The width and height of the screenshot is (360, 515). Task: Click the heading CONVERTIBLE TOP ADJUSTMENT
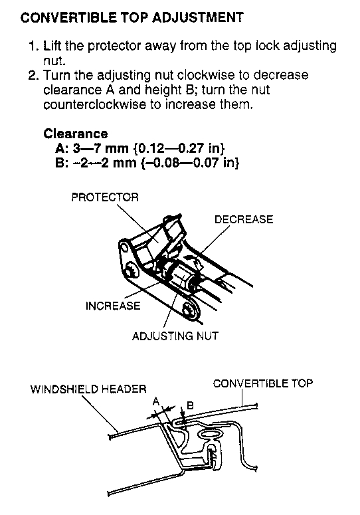(132, 17)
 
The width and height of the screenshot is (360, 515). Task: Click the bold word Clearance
(76, 134)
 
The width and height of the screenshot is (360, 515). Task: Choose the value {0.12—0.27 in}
(179, 148)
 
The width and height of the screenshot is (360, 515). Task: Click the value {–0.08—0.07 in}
(190, 163)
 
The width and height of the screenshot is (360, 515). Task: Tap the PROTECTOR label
(105, 197)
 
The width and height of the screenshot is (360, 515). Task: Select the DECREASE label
(244, 219)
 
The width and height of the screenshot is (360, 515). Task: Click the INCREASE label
(113, 306)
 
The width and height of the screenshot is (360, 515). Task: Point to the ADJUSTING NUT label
(175, 336)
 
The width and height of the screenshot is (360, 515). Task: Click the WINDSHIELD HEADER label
(88, 389)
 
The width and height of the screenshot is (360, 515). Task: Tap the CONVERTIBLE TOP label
(263, 383)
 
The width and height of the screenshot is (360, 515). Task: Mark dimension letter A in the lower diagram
(156, 401)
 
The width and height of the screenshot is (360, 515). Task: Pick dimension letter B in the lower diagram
(190, 405)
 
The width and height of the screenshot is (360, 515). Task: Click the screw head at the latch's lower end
(190, 309)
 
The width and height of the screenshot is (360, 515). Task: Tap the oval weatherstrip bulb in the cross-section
(211, 434)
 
